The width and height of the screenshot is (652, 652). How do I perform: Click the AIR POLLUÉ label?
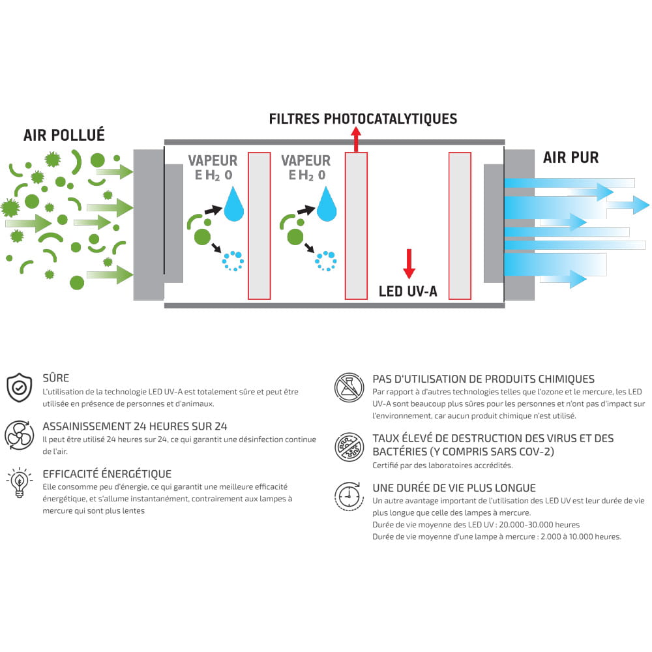(x=64, y=135)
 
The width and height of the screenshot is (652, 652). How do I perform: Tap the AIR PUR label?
(x=571, y=158)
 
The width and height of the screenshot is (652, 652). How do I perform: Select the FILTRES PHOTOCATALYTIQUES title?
(x=363, y=119)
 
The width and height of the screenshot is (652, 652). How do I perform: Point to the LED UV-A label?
(x=408, y=291)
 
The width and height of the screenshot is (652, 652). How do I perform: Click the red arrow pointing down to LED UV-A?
(x=409, y=263)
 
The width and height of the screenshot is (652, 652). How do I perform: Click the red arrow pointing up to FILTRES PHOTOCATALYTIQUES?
(x=356, y=140)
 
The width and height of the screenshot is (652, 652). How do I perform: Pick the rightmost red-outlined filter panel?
(x=460, y=226)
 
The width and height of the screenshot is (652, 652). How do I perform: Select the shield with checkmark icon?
(x=19, y=387)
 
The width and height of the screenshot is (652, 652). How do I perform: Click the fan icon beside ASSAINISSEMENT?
(x=19, y=436)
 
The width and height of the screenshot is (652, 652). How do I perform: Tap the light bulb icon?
(x=19, y=482)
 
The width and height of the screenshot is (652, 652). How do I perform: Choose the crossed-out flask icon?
(x=349, y=387)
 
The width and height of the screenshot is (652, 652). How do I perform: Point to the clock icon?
(x=348, y=496)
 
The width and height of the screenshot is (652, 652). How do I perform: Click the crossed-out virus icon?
(x=349, y=447)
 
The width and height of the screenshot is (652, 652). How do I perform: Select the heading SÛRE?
(x=55, y=378)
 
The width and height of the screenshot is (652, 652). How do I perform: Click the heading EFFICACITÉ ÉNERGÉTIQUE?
(x=107, y=473)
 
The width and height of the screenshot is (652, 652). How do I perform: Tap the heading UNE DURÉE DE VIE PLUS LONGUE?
(x=454, y=488)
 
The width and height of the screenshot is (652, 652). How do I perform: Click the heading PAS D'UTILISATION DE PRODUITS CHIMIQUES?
(x=484, y=379)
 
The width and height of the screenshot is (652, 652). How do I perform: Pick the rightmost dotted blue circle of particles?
(x=326, y=261)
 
